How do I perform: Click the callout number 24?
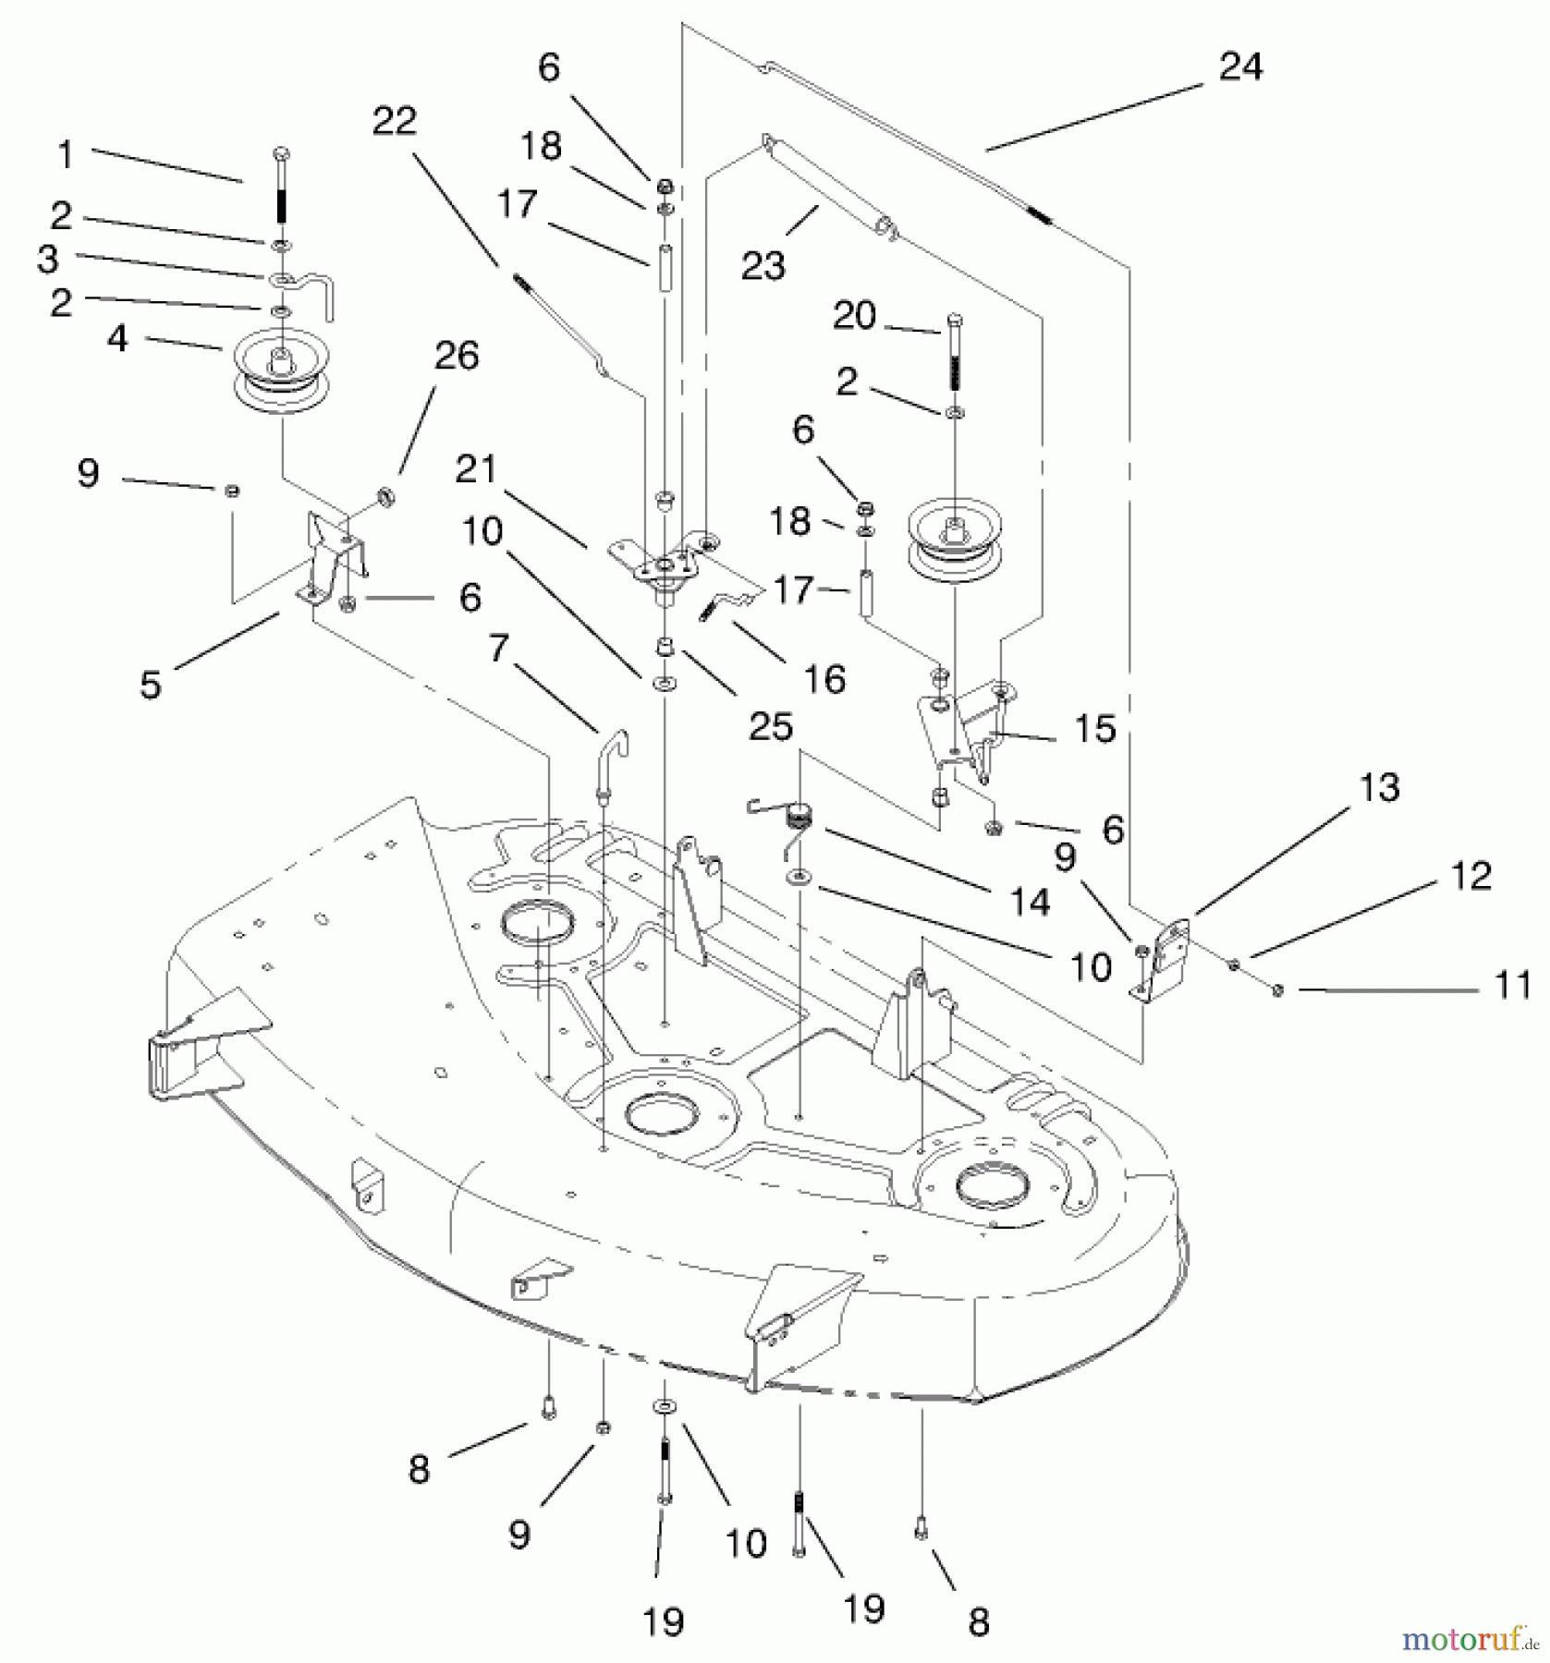pos(1239,67)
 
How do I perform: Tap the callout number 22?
pos(395,121)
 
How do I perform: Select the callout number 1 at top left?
pos(66,154)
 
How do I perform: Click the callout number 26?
pos(457,357)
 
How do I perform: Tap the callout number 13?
pos(1379,788)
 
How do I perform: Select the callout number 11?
pos(1513,986)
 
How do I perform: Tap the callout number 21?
pos(477,469)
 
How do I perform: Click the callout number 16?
pos(824,679)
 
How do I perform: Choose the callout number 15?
pos(1095,728)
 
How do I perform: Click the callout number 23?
pos(763,265)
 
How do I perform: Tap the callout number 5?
pos(150,685)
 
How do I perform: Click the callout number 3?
pos(49,260)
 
